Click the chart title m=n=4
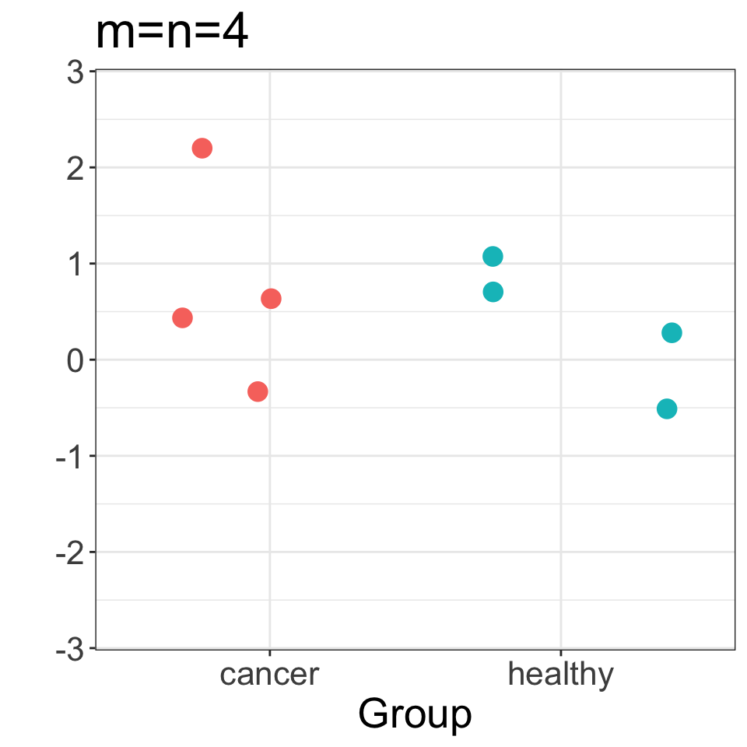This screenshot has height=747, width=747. (171, 34)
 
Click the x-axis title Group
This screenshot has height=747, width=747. (415, 714)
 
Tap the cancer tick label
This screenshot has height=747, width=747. (269, 674)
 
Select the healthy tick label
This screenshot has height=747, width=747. (560, 674)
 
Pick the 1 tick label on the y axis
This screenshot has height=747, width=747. (75, 264)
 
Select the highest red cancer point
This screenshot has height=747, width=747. (202, 148)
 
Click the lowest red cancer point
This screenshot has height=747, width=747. (258, 391)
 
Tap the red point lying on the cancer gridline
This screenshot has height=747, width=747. (271, 298)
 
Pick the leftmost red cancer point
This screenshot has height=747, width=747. (182, 317)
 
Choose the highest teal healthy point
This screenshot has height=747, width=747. (493, 256)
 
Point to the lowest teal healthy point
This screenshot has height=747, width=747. (667, 409)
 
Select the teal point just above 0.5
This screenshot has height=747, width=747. (493, 292)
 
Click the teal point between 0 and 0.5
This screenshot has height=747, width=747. (672, 333)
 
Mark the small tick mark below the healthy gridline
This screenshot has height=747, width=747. (561, 651)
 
